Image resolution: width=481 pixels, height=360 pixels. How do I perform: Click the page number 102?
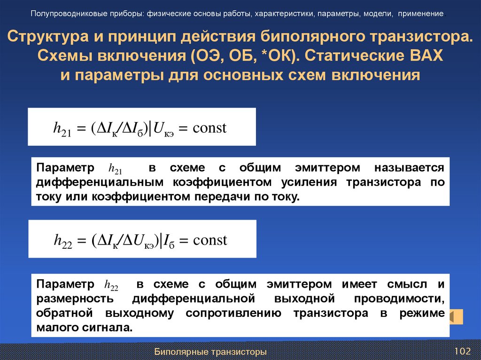tap(462, 352)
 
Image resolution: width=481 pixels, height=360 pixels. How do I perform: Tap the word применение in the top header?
tap(421, 13)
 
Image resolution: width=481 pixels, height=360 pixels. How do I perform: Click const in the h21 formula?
tap(210, 128)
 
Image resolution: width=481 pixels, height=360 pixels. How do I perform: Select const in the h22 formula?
tap(210, 240)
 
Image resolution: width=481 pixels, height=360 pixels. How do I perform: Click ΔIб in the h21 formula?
tap(132, 129)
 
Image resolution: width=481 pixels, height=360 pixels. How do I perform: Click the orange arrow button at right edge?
tap(455, 317)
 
